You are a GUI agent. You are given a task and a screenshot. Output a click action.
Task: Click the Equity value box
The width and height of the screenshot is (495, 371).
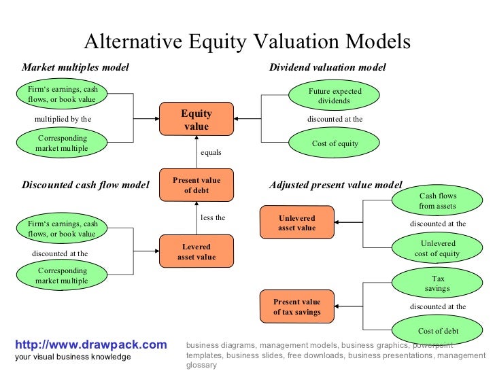[196, 120]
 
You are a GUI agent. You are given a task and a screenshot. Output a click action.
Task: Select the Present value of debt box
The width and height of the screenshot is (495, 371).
[196, 185]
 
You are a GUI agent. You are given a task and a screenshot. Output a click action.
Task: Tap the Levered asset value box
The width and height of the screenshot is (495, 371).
[196, 251]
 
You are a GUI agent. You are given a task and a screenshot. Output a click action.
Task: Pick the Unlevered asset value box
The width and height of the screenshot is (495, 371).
[296, 223]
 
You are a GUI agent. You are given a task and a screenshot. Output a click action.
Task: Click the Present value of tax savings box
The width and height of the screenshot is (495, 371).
[296, 306]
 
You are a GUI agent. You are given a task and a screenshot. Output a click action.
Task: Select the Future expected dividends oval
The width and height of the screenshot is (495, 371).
[335, 96]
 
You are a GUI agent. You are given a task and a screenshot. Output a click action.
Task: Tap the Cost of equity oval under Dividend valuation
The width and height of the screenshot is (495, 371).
[335, 144]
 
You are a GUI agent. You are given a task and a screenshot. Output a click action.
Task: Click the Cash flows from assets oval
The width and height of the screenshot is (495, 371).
[437, 200]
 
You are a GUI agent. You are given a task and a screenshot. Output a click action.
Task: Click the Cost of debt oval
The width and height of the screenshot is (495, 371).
[437, 331]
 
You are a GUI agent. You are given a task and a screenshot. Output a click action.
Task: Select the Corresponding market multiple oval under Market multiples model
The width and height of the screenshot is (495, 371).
[62, 143]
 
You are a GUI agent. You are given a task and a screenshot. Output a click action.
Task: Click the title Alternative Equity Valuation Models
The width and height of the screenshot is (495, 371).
[247, 42]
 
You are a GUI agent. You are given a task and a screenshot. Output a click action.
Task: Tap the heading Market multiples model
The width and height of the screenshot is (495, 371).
[75, 68]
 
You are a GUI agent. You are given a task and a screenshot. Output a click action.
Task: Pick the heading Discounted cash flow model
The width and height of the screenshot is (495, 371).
[86, 184]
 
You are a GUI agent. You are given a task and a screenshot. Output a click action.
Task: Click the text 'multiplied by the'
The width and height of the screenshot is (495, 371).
[63, 119]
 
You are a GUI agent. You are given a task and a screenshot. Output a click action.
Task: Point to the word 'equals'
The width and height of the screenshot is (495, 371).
[211, 152]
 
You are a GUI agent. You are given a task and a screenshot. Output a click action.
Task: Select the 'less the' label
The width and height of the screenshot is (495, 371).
[213, 218]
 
